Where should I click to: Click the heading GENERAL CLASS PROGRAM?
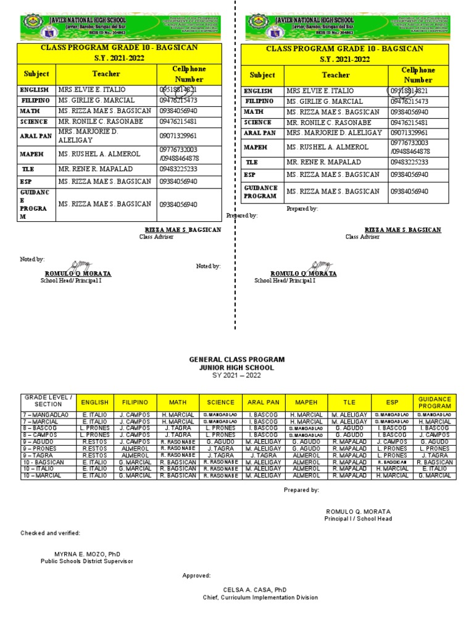coord(237,359)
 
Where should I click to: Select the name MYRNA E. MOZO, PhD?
coord(86,553)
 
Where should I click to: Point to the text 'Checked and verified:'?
coord(50,533)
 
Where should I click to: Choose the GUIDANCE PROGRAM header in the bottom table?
coord(434,402)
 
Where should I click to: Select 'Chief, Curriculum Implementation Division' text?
coord(260,598)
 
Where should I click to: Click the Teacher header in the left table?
coord(106,74)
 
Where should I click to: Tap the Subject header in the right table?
coord(262,75)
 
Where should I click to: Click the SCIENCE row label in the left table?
coord(33,122)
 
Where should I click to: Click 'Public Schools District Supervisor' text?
coord(86,561)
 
